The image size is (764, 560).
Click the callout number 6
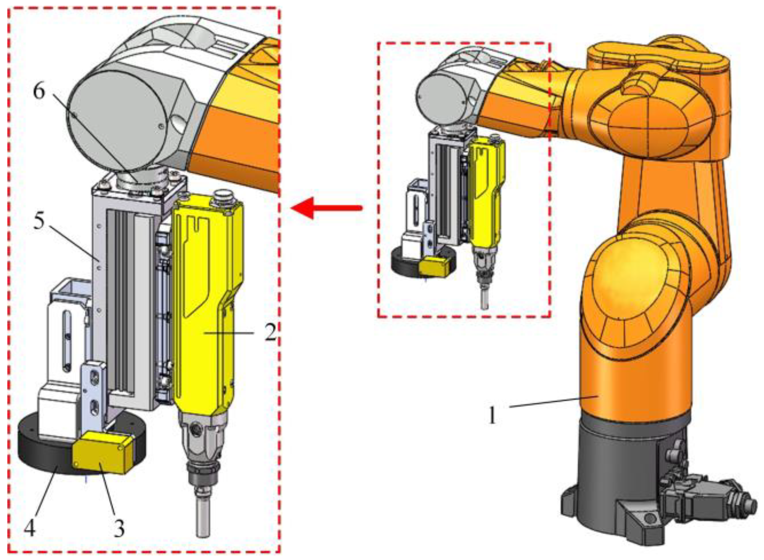39,91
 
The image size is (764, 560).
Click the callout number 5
39,221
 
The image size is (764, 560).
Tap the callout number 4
30,528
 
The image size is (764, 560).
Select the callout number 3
119,529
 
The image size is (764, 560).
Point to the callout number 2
270,332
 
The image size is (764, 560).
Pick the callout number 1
493,415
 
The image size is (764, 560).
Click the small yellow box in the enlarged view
103,453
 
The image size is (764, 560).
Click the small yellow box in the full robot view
434,266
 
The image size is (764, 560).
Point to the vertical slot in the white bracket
67,341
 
